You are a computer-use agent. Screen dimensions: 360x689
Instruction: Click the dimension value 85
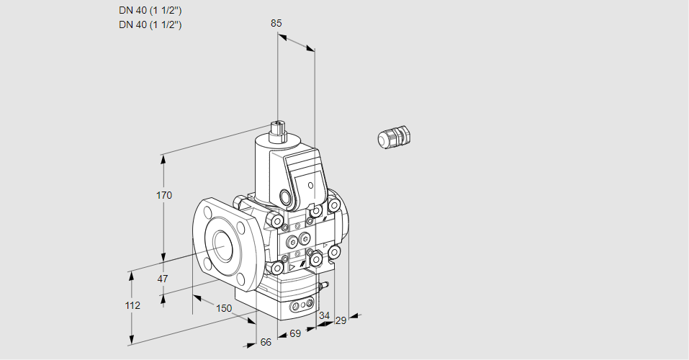coord(276,23)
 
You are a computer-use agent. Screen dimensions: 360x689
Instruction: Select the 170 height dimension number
coord(164,195)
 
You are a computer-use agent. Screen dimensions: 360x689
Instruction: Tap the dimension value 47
coord(163,279)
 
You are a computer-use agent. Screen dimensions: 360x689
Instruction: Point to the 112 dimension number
coord(132,305)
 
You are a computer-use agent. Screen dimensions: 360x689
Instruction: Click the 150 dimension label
coord(224,308)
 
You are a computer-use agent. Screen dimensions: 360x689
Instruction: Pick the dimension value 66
coord(266,342)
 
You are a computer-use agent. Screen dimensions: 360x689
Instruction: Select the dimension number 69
coord(295,333)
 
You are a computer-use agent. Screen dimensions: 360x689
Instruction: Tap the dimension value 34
coord(324,315)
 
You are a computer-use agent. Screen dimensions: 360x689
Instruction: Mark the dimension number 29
coord(341,320)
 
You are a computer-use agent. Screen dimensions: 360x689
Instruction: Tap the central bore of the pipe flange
coord(220,246)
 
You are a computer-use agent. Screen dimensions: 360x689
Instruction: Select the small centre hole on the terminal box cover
coord(310,186)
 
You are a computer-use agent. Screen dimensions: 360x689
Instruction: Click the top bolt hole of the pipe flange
coord(207,211)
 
